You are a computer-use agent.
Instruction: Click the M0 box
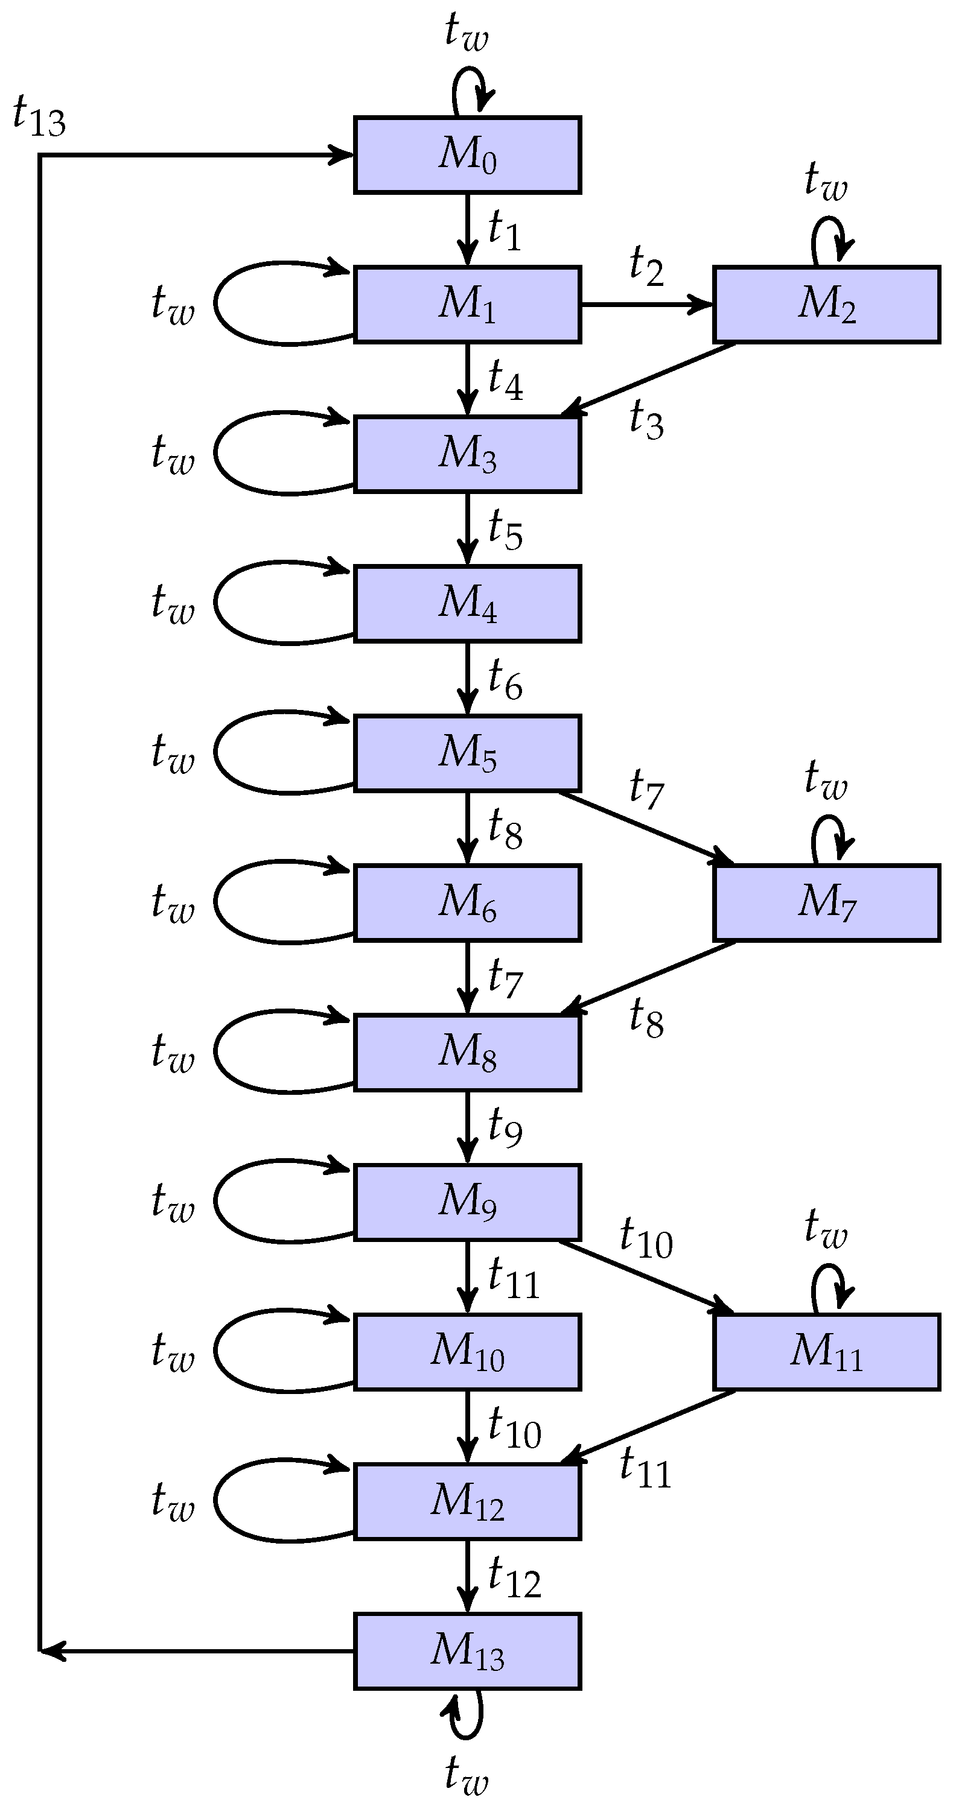coord(467,155)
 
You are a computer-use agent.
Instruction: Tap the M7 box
coord(826,902)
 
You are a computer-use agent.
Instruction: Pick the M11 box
coord(826,1351)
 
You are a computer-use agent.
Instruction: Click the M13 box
coord(467,1651)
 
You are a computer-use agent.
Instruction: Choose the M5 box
coord(467,753)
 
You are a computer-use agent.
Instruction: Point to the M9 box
coord(467,1202)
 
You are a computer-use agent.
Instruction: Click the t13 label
coord(39,117)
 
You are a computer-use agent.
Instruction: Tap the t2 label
coord(646,267)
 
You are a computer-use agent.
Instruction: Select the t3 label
coord(646,420)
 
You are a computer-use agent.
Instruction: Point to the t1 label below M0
coord(505,230)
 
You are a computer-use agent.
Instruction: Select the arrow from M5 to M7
coord(645,827)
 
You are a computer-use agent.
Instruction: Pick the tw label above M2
coord(826,181)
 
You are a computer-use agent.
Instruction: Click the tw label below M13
coord(467,1775)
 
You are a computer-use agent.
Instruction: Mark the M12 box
coord(467,1501)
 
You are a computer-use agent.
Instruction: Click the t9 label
coord(505,1127)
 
